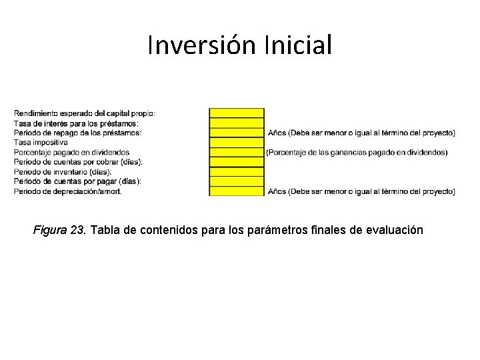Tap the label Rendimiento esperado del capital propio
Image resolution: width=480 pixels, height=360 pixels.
coord(84,113)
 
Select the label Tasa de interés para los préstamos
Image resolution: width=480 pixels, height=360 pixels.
coord(76,123)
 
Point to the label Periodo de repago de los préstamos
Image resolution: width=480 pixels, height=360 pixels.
coord(77,133)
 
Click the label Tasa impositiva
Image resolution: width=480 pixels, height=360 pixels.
coord(41,143)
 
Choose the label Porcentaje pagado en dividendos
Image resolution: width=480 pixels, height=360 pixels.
coord(71,152)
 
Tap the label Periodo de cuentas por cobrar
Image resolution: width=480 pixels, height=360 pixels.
coord(78,162)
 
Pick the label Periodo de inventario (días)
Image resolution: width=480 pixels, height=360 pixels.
coord(63,171)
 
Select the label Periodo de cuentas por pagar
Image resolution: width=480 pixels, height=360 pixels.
coord(77,181)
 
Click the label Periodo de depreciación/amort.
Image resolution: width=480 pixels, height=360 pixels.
coord(67,191)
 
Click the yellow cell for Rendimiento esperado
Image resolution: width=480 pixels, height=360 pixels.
coord(237,113)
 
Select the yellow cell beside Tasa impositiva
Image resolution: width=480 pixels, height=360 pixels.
coord(237,143)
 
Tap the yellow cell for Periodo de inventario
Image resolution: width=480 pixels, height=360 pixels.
coord(237,171)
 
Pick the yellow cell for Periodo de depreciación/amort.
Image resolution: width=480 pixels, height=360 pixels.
coord(237,191)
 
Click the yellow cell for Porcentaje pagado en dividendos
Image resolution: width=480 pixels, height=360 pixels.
coord(237,152)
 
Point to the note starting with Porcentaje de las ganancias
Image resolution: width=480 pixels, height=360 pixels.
coord(357,153)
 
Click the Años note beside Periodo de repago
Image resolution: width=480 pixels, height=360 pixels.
coord(361,133)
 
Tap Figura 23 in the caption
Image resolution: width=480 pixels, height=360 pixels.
coord(59,230)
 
